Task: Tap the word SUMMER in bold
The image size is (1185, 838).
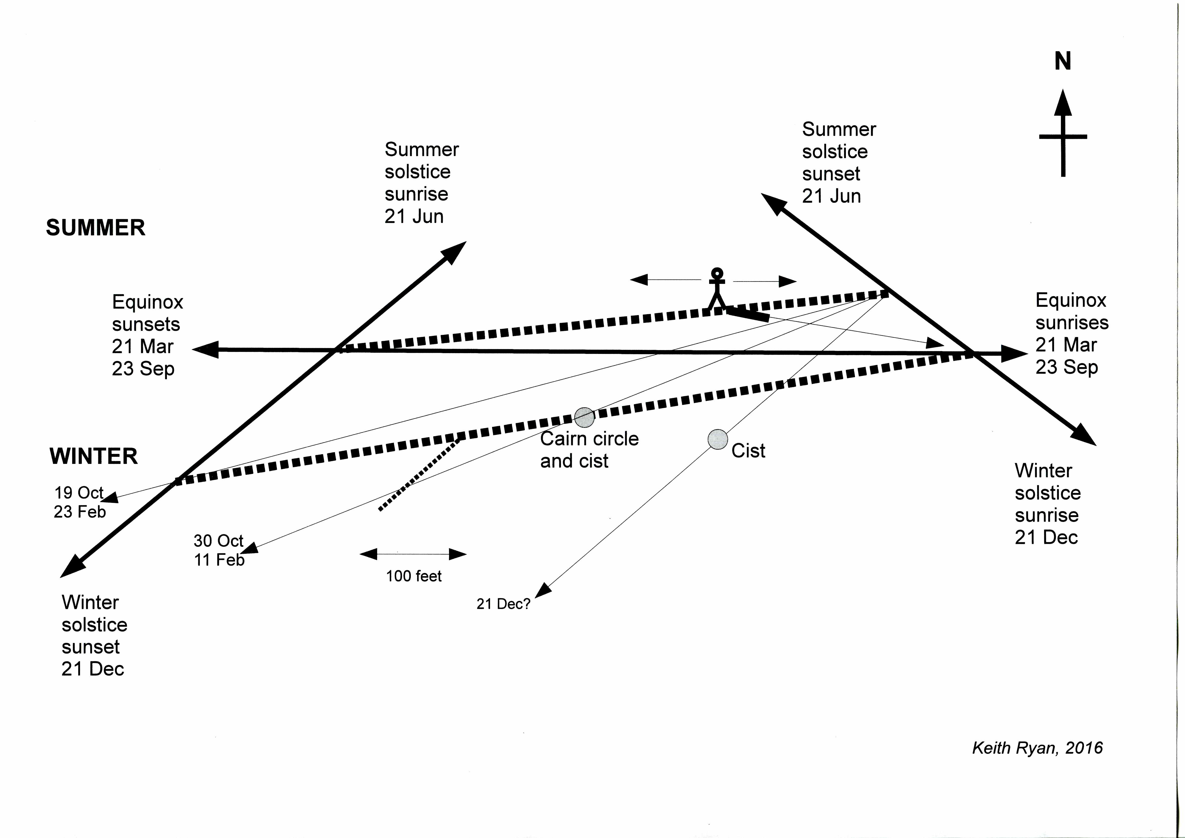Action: (95, 228)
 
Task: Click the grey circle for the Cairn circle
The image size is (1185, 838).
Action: (584, 417)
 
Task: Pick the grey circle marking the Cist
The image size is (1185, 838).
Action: (717, 440)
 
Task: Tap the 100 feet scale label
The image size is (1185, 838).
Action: (413, 576)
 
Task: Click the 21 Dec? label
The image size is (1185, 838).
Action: (503, 604)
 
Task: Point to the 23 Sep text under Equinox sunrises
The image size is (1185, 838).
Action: (1066, 367)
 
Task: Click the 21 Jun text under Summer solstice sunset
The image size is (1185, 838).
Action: (831, 196)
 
